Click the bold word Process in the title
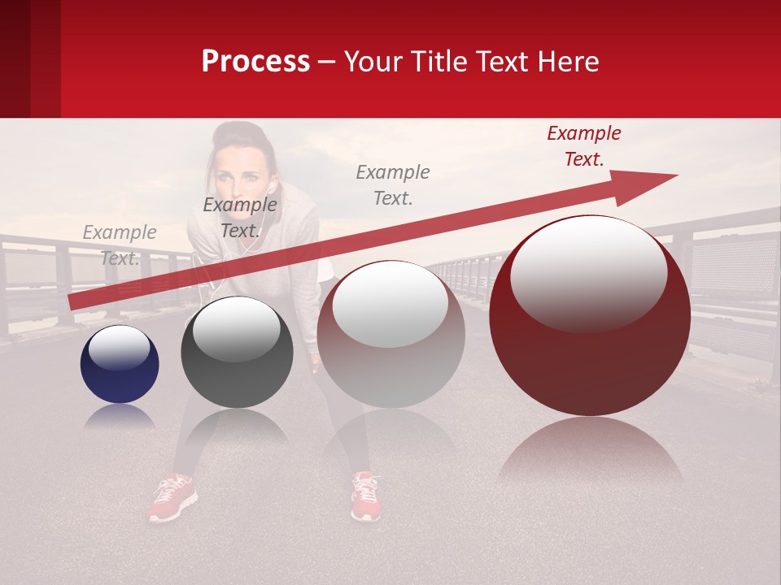(x=255, y=62)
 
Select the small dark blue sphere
(x=120, y=364)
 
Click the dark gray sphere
(x=237, y=353)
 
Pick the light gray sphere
(x=390, y=334)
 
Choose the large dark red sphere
(x=590, y=316)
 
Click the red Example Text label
(x=584, y=146)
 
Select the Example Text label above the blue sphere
(x=120, y=245)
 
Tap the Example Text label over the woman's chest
(x=240, y=218)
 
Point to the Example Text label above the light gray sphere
(x=393, y=184)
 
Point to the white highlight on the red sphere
(x=588, y=272)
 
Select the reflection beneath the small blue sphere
(x=120, y=416)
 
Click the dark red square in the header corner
(x=30, y=58)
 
